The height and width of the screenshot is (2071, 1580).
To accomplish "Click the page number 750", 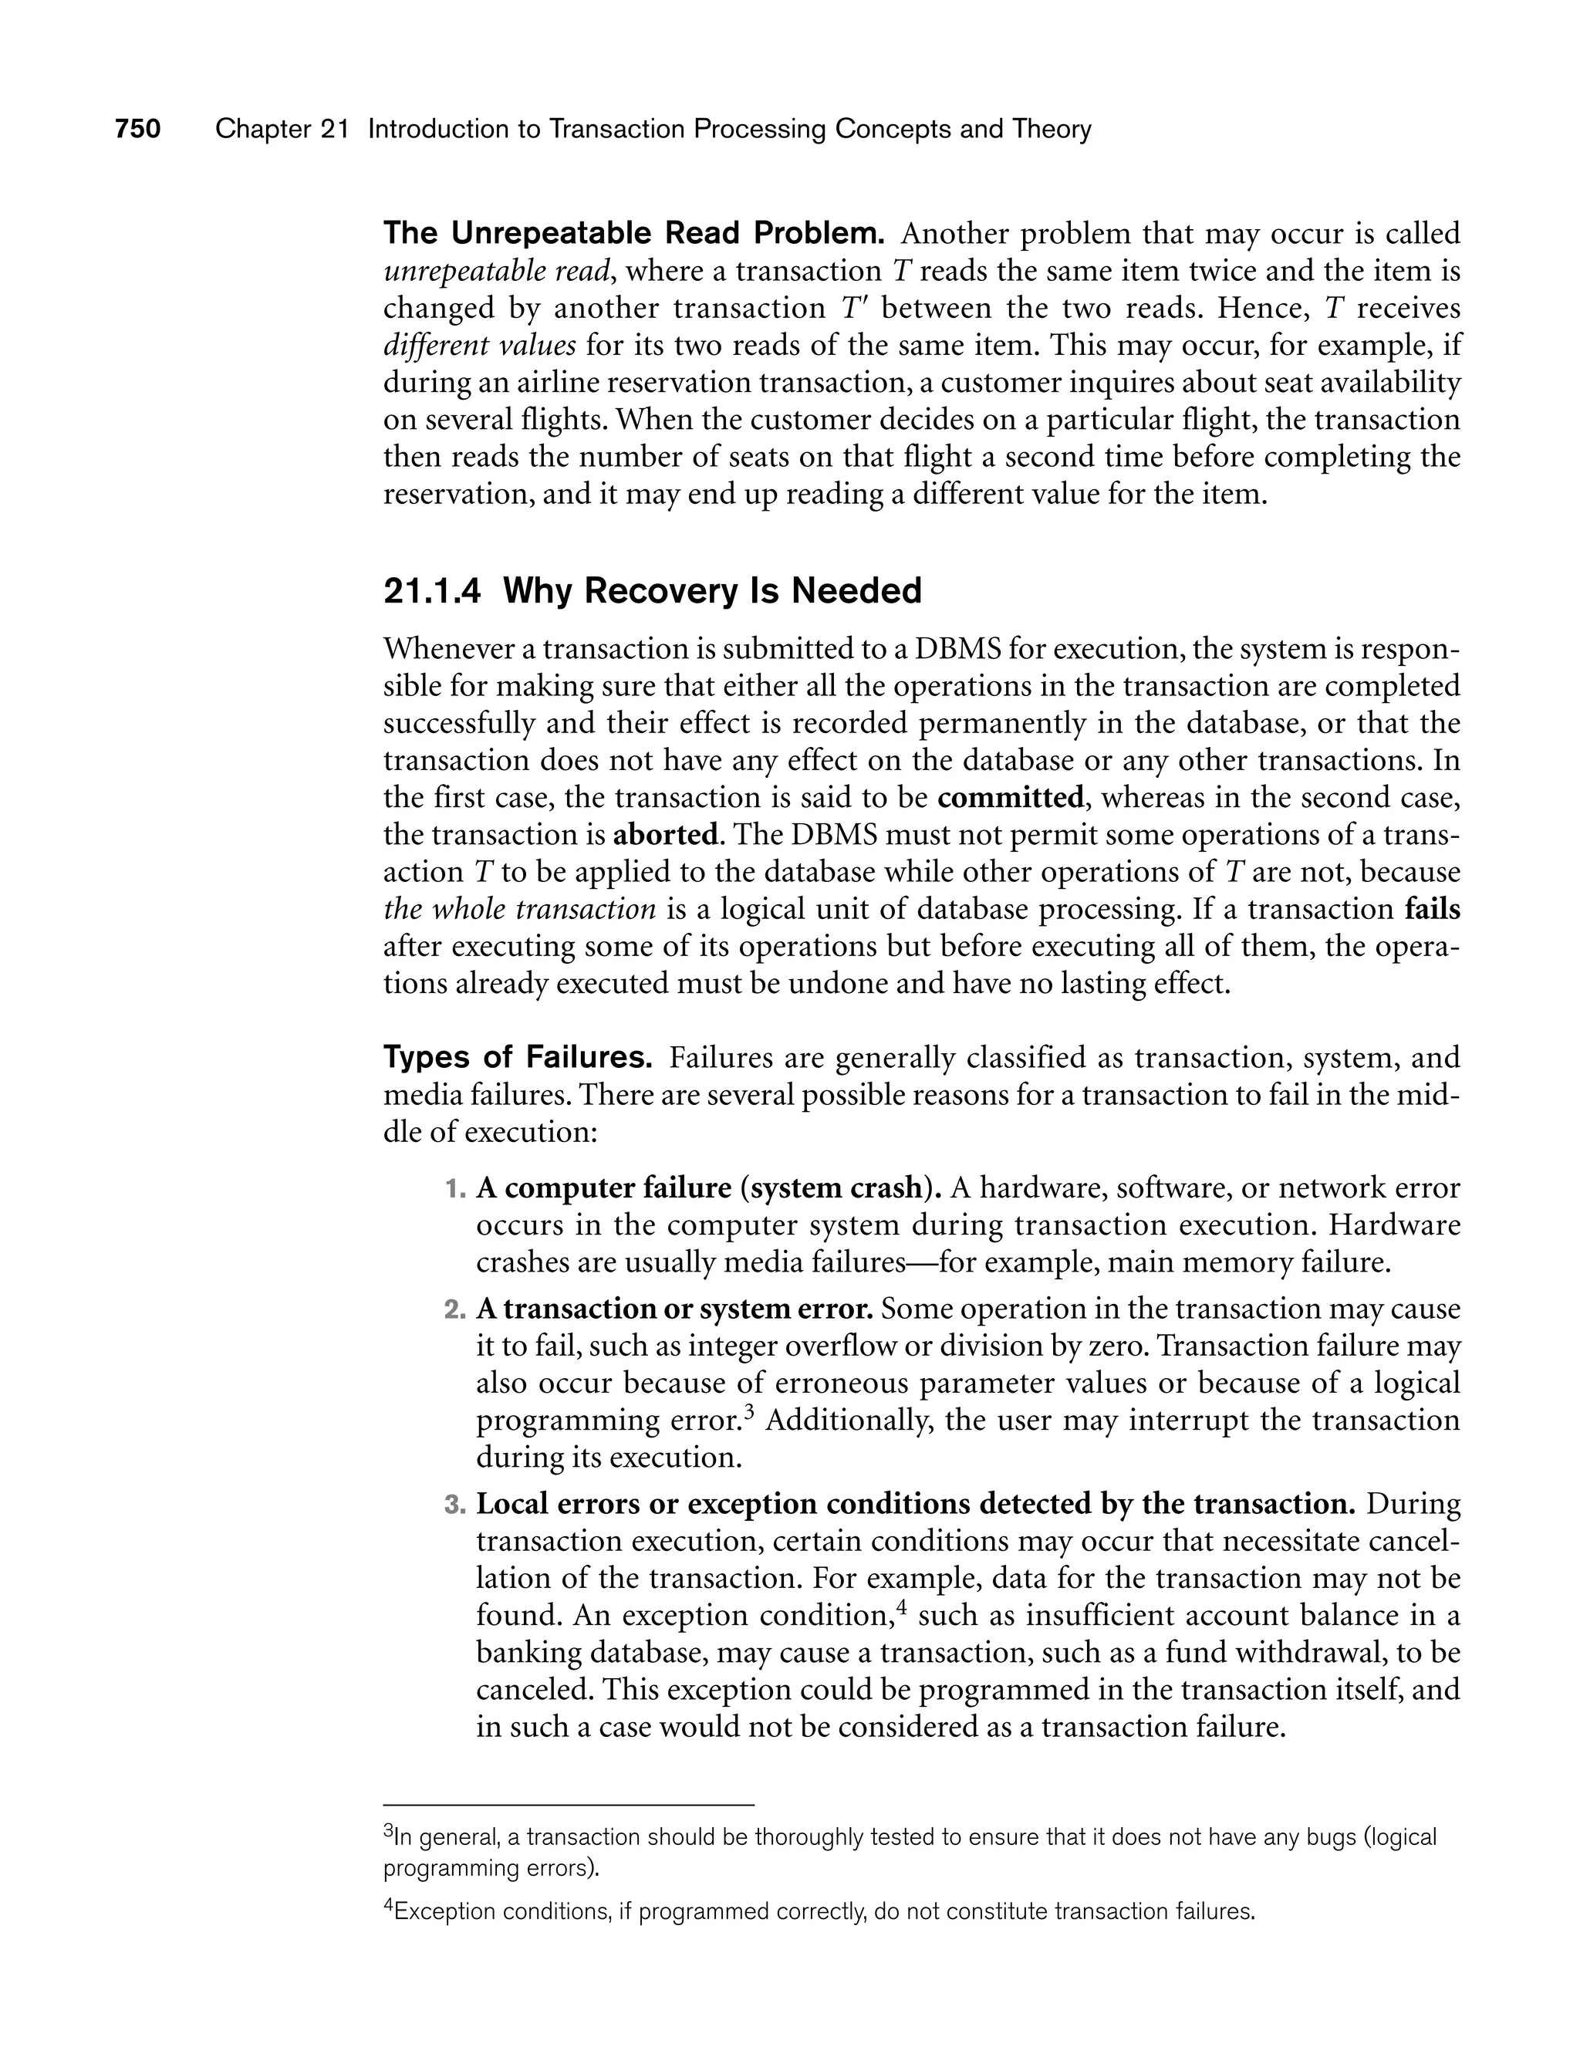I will [x=137, y=129].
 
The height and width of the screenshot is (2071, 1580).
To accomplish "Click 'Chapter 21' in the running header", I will [x=282, y=129].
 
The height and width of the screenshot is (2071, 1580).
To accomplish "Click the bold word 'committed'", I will [x=1011, y=798].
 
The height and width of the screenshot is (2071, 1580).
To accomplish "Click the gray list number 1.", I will [x=454, y=1189].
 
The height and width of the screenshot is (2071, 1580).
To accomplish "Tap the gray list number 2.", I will [x=454, y=1309].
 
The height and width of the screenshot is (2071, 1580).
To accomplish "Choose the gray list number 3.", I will [x=454, y=1505].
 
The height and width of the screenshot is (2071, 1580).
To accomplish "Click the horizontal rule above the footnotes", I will [x=569, y=1805].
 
